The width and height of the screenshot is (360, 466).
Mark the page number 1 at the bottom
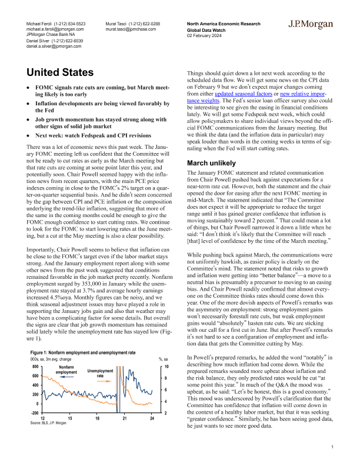(x=333, y=448)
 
